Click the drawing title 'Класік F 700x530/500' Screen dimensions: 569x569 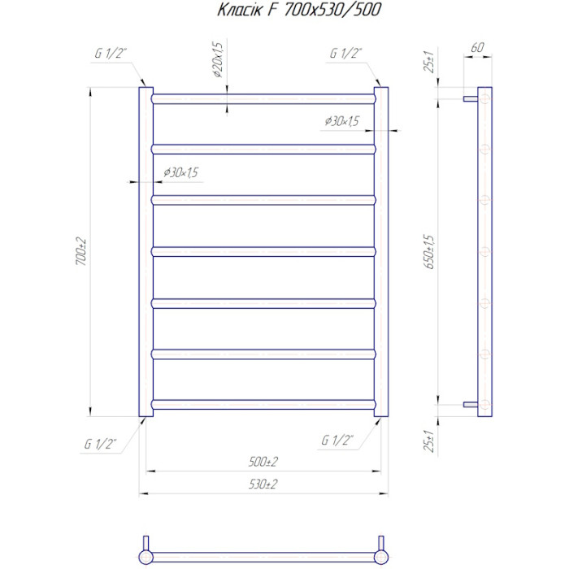(299, 10)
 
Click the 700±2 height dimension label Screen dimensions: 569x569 (81, 251)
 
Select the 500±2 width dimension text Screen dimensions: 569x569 (263, 462)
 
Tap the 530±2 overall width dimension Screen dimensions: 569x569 (263, 484)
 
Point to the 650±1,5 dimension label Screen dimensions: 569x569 (429, 252)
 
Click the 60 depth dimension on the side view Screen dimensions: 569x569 (478, 47)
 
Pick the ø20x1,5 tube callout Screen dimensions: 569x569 (218, 59)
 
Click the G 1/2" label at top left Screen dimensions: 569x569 (111, 54)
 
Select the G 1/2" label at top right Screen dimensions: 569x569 (345, 54)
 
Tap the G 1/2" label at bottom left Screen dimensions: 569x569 (101, 444)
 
